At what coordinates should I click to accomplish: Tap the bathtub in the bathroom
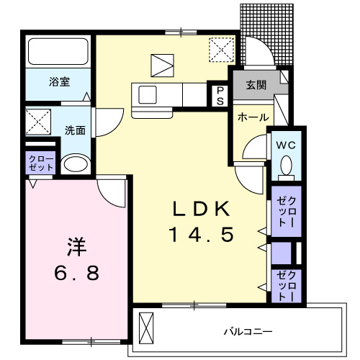click(58, 51)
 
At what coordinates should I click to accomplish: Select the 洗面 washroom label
click(76, 130)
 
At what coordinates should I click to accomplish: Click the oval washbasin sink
click(74, 165)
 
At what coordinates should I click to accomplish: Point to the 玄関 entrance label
click(256, 85)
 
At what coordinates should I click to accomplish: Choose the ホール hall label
click(254, 117)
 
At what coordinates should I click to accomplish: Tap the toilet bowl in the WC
click(287, 168)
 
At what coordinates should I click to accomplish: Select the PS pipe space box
click(219, 96)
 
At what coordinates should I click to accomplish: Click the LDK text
click(200, 210)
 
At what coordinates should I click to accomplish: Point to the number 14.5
click(201, 234)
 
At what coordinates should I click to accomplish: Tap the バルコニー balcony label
click(246, 332)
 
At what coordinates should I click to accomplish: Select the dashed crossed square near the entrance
click(219, 49)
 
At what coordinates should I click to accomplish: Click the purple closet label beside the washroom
click(41, 162)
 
